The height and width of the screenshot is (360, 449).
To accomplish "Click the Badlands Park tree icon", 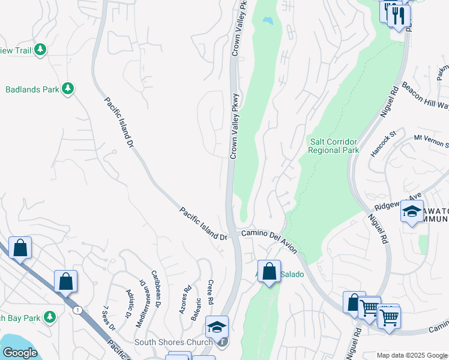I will pos(68,89).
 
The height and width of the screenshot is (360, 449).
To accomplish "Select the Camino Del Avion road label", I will pos(270,234).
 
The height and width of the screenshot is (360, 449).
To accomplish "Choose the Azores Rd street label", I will pos(185,299).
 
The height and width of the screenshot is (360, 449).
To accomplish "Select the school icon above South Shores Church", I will pos(217,326).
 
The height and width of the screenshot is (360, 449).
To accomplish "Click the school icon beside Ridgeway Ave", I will pos(412,211).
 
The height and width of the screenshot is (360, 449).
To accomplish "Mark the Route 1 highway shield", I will pos(77,310).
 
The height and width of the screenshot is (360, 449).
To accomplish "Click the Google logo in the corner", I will pos(19,353).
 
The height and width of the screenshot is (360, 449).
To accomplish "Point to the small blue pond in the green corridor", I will pos(267,20).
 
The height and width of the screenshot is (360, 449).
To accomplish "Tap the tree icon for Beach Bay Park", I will pos(50,316).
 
